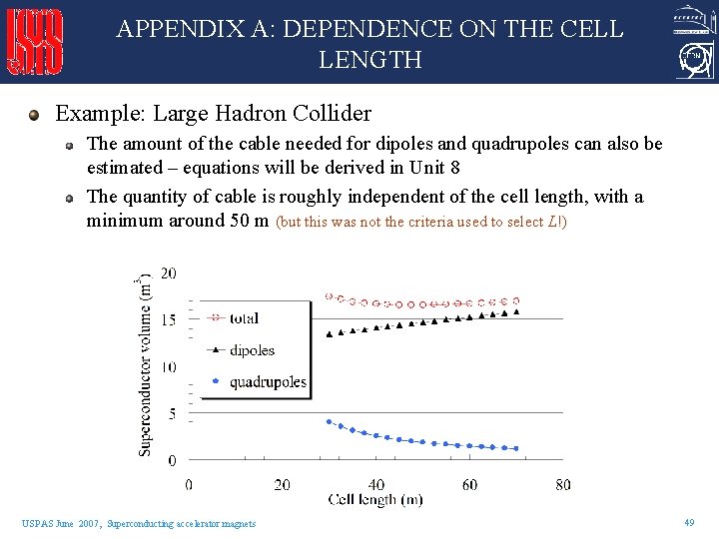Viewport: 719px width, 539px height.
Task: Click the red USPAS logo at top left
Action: [x=36, y=42]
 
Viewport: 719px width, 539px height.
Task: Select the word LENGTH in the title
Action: [x=369, y=61]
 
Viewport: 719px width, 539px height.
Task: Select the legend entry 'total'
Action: [x=244, y=318]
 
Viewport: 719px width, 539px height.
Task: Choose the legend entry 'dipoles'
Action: [x=252, y=350]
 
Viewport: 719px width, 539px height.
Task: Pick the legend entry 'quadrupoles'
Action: [x=268, y=382]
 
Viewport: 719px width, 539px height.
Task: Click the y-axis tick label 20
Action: [x=169, y=273]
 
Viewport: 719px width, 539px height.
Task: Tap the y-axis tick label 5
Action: [x=172, y=413]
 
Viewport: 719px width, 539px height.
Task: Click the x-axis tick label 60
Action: [x=469, y=484]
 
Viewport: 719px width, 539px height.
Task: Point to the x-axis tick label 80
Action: [x=563, y=484]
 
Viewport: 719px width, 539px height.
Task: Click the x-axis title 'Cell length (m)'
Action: [x=374, y=499]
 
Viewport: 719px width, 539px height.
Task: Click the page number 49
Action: [x=689, y=523]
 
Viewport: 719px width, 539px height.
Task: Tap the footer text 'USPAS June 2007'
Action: [x=60, y=524]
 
